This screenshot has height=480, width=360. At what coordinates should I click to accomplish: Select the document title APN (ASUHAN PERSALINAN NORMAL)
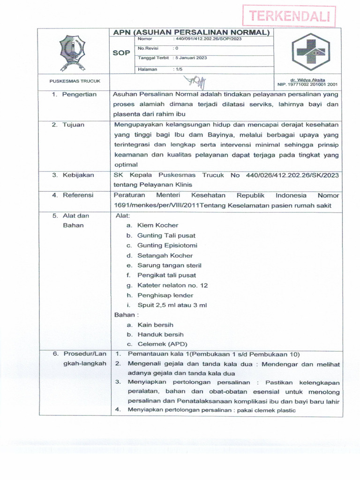click(x=192, y=32)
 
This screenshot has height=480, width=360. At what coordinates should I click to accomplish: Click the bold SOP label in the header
click(x=121, y=53)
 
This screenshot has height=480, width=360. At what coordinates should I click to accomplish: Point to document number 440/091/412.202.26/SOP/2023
click(x=208, y=39)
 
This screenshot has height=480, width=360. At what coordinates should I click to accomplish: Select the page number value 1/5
click(x=179, y=69)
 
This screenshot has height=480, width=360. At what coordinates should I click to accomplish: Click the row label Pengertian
click(x=79, y=94)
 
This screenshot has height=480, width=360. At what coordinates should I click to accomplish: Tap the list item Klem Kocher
click(x=157, y=225)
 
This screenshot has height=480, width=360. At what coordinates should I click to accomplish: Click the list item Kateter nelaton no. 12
click(x=172, y=285)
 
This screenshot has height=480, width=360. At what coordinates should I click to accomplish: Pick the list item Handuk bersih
click(x=160, y=335)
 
